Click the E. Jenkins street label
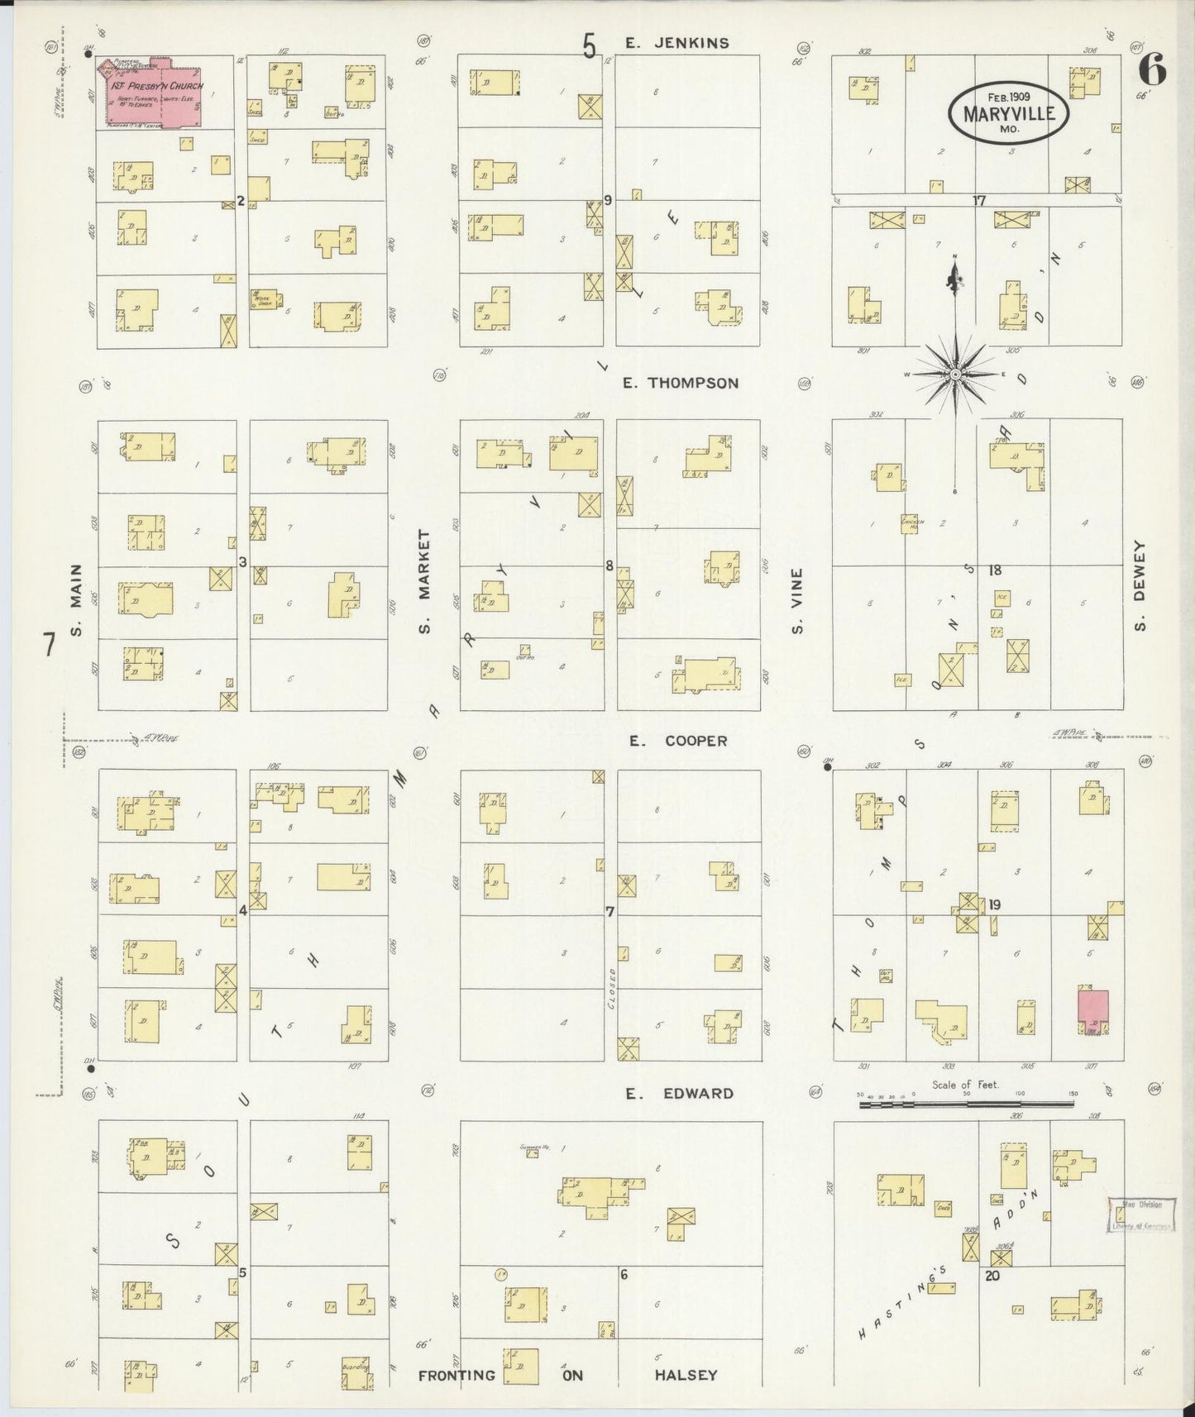click(x=676, y=43)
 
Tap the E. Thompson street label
click(x=681, y=383)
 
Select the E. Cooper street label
click(x=677, y=741)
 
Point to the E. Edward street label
click(x=678, y=1093)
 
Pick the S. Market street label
click(x=425, y=582)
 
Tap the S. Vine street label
click(x=798, y=600)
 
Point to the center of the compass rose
click(x=955, y=375)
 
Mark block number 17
click(x=979, y=200)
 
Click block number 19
click(x=994, y=904)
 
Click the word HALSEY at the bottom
click(x=686, y=1375)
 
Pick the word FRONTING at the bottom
click(x=456, y=1375)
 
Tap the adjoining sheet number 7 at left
click(x=49, y=644)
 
